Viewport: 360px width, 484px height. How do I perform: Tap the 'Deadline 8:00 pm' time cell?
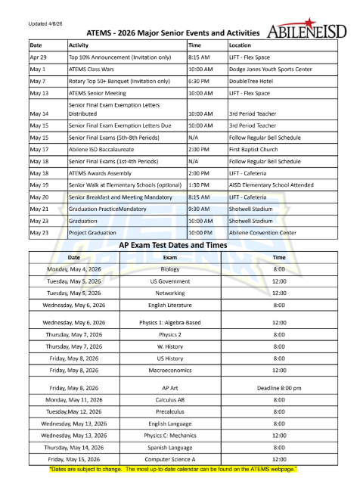pyautogui.click(x=279, y=388)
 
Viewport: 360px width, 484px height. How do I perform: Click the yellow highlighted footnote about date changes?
pyautogui.click(x=179, y=470)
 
